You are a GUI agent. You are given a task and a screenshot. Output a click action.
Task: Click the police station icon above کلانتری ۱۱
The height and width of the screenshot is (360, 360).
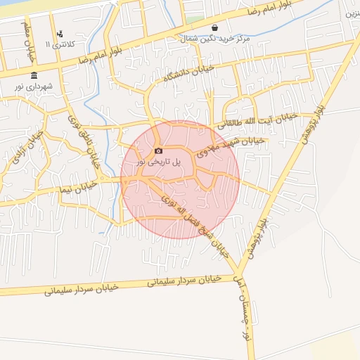tap(60, 33)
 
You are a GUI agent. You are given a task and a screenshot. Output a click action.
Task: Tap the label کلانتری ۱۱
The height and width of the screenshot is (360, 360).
tap(59, 44)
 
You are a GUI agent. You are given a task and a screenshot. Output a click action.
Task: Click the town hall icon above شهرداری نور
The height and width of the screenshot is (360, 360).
tap(34, 75)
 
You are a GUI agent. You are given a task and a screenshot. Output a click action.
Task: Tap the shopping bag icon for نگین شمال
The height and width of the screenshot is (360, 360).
tap(214, 28)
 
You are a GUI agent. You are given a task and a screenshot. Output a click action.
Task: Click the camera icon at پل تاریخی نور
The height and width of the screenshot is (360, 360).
tap(158, 150)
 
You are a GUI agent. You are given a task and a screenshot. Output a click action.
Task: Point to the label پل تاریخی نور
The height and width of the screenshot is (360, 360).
tap(159, 161)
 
